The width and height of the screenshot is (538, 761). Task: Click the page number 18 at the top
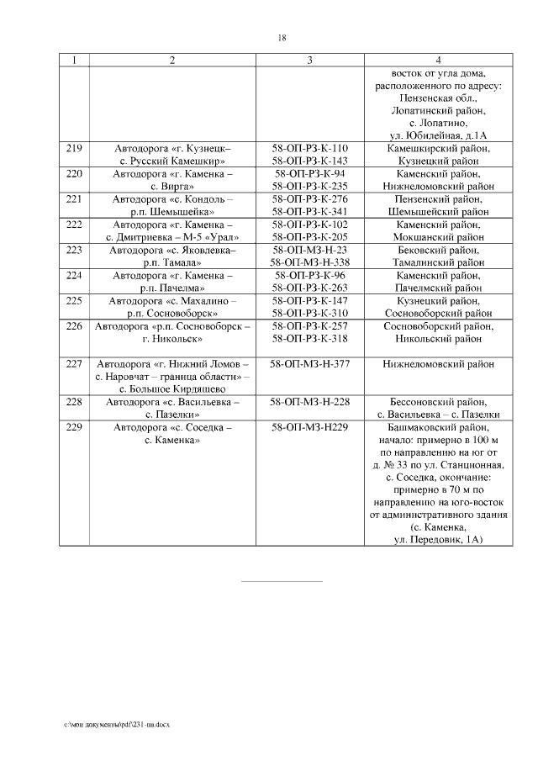[282, 38]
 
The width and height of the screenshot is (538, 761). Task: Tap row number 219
[74, 149]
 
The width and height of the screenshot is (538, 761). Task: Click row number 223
[74, 250]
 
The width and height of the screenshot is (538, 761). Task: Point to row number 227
[74, 364]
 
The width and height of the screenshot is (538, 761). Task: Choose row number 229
[74, 427]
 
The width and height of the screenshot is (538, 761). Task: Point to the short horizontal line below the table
[282, 580]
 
